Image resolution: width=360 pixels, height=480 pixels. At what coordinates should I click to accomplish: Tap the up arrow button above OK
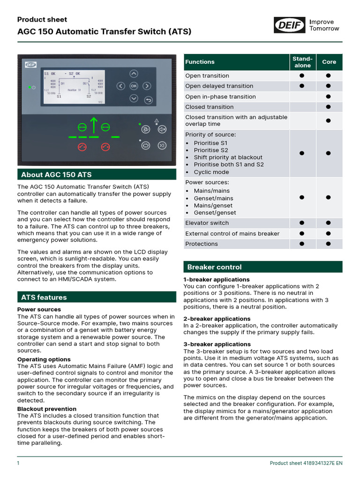pyautogui.click(x=134, y=74)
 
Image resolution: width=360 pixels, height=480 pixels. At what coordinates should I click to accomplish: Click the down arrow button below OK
pyautogui.click(x=134, y=98)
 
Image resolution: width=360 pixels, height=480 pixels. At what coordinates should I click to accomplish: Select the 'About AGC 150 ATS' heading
pyautogui.click(x=56, y=175)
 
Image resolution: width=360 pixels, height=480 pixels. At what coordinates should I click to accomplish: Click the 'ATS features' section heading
pyautogui.click(x=44, y=297)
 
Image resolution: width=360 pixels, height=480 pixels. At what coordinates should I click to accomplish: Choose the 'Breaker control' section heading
pyautogui.click(x=214, y=267)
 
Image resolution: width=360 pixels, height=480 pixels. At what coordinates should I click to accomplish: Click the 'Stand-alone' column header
pyautogui.click(x=302, y=62)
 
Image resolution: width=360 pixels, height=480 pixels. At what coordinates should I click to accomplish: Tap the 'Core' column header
pyautogui.click(x=329, y=62)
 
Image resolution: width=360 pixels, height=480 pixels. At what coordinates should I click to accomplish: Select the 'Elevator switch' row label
pyautogui.click(x=207, y=223)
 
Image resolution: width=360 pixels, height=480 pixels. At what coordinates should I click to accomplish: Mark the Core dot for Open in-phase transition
pyautogui.click(x=329, y=97)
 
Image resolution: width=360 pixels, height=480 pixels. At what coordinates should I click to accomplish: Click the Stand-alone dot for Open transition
pyautogui.click(x=302, y=75)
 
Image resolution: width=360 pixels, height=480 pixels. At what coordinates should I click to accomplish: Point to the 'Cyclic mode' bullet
pyautogui.click(x=205, y=172)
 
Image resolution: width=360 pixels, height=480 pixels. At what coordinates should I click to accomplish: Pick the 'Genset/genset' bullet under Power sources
pyautogui.click(x=209, y=212)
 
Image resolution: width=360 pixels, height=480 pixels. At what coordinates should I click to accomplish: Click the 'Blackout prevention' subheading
pyautogui.click(x=40, y=409)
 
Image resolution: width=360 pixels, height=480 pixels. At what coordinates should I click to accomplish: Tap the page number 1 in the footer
pyautogui.click(x=18, y=463)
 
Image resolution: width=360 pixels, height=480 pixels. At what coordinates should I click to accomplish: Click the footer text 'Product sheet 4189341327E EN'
pyautogui.click(x=306, y=463)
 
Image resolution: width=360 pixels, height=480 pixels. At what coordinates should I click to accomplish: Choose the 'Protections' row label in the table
pyautogui.click(x=202, y=244)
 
